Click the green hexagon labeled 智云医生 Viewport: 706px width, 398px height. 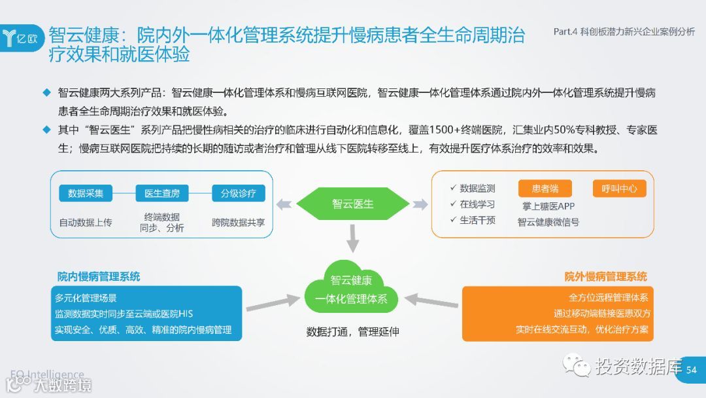point(352,204)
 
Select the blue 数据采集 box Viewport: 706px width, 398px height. point(86,193)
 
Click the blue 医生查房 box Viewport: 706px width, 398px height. point(162,193)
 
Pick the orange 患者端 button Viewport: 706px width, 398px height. point(545,189)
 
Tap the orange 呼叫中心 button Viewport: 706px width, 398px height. point(619,189)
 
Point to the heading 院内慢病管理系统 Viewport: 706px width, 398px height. point(99,276)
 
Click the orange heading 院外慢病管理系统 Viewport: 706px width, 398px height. point(606,276)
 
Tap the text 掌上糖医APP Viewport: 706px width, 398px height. point(548,206)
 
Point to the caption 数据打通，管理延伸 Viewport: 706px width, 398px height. point(352,331)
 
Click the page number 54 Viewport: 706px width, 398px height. point(692,370)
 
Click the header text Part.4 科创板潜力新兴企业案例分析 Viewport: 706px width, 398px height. point(624,31)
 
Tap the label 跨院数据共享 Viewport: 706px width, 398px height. point(238,222)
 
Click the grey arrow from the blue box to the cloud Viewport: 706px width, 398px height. point(273,303)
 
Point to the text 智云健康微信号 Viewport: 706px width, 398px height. point(548,222)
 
